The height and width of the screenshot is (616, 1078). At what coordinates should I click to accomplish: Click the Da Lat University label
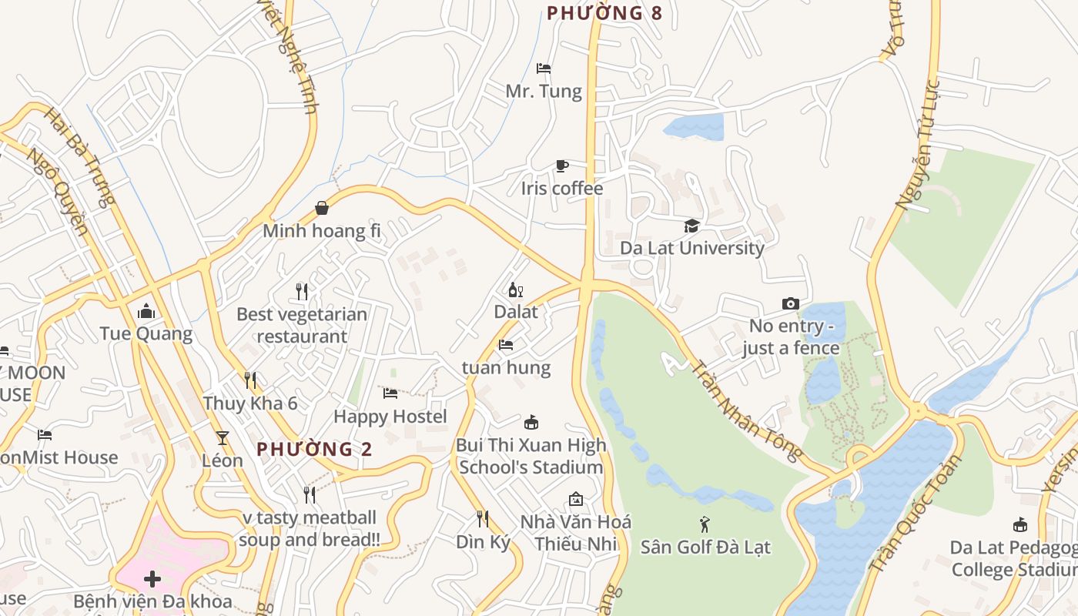[x=692, y=248]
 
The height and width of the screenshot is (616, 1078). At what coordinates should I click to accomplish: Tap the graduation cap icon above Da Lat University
[x=692, y=226]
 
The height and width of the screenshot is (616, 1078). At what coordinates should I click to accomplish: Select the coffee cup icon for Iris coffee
[x=562, y=166]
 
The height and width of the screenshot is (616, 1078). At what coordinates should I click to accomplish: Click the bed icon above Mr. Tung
[x=544, y=68]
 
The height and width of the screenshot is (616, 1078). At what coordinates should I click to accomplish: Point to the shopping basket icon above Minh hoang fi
[x=322, y=208]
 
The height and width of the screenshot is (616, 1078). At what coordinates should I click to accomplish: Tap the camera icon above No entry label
[x=790, y=303]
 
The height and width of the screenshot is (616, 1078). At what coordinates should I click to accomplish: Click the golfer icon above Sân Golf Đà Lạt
[x=705, y=525]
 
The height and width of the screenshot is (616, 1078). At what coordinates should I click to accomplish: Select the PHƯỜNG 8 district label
[x=604, y=13]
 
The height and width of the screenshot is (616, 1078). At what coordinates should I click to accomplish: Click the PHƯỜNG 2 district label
[x=314, y=449]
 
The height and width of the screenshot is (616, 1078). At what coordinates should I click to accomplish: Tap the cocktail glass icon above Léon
[x=223, y=438]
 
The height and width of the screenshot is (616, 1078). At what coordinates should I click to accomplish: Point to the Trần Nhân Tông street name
[x=746, y=409]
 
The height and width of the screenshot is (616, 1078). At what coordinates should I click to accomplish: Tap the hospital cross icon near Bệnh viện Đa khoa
[x=152, y=578]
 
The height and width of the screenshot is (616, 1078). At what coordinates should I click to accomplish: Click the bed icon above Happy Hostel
[x=390, y=393]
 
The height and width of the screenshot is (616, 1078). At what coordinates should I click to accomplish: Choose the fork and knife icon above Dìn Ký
[x=483, y=518]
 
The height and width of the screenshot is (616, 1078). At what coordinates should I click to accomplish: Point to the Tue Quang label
[x=146, y=333]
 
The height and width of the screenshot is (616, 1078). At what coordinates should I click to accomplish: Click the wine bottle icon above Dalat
[x=515, y=290]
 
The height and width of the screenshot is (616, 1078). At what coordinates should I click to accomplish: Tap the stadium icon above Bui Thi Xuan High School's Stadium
[x=531, y=422]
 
